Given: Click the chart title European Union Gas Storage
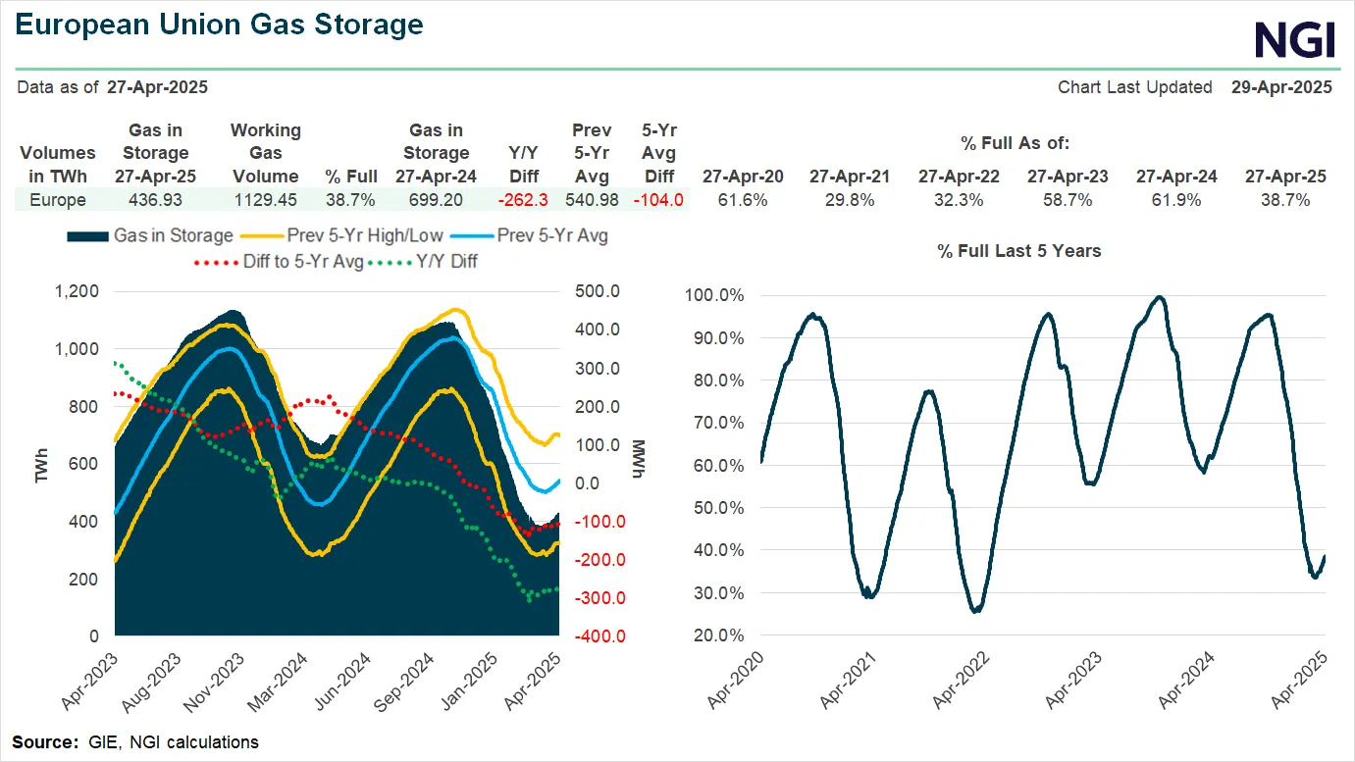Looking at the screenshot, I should (x=220, y=25).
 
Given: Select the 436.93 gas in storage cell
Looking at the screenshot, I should (x=155, y=200).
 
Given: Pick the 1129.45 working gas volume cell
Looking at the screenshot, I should (x=265, y=200).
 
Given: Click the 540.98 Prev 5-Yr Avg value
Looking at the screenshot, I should (x=592, y=200).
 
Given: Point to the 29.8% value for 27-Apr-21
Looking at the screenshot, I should (x=850, y=200).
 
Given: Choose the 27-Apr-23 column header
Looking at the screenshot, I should (x=1068, y=177).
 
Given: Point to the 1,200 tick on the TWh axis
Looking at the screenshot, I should (x=77, y=291).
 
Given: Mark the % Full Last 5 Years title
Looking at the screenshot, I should (x=1018, y=251).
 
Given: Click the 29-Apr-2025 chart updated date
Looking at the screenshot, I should (x=1281, y=87).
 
